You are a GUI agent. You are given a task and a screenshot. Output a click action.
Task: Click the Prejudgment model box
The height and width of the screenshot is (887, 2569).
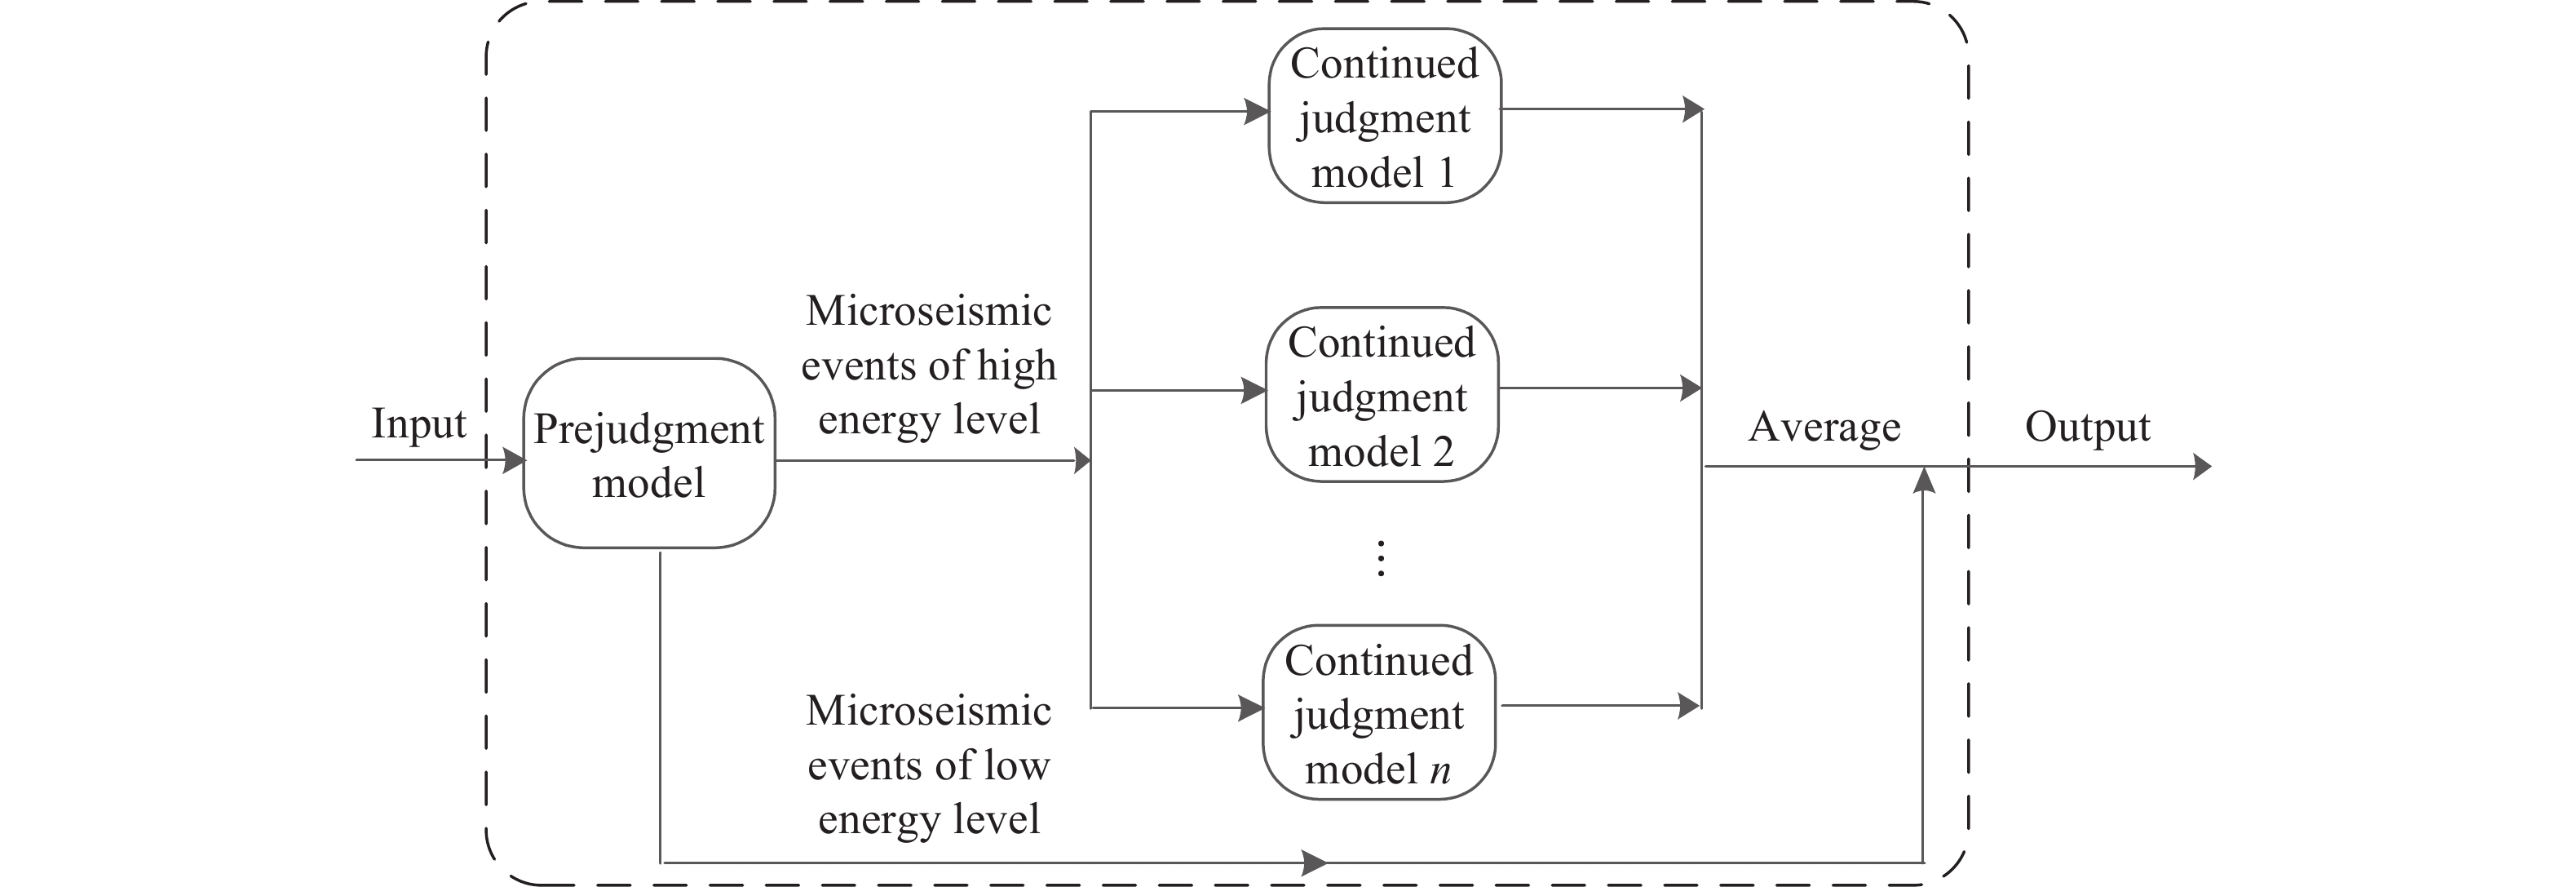point(649,453)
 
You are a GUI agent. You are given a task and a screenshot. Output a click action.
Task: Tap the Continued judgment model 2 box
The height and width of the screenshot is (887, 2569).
point(1382,395)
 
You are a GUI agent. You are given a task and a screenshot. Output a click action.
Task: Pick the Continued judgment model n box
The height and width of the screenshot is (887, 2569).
point(1378,712)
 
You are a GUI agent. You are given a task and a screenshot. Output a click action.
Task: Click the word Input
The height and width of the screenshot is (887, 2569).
point(419,425)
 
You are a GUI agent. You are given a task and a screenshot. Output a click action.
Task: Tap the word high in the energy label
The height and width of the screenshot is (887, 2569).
point(1016,366)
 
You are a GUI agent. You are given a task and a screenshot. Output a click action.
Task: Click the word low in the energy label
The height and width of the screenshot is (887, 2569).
point(1016,765)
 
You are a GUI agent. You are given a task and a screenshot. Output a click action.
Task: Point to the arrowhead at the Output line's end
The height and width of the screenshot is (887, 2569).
point(2202,466)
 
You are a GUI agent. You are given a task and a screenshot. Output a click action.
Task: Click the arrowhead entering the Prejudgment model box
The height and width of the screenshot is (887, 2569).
point(515,460)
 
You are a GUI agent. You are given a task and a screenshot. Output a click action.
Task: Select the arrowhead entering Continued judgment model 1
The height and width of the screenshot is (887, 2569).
point(1258,112)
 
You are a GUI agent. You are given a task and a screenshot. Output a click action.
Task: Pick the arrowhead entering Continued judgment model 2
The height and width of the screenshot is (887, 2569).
point(1254,390)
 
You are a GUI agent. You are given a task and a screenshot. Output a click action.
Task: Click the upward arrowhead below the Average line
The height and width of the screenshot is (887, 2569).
point(1925,480)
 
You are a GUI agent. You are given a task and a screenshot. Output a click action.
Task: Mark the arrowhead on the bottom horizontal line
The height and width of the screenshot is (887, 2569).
point(1315,861)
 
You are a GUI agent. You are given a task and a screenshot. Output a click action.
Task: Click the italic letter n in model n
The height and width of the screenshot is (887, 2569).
point(1439,770)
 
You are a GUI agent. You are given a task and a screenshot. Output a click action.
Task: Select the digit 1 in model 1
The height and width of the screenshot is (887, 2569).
point(1445,174)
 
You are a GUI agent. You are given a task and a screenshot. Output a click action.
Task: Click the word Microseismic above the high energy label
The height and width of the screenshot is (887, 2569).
point(928,311)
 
